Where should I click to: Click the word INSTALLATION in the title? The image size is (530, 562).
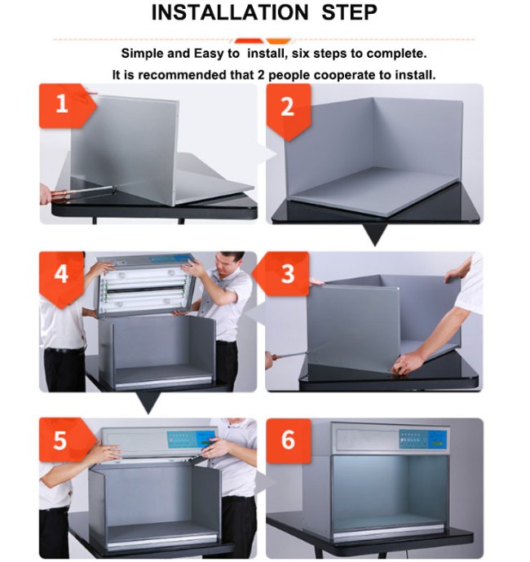point(230,12)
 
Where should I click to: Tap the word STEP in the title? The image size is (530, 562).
point(349,12)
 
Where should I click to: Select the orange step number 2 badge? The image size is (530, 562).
point(288,111)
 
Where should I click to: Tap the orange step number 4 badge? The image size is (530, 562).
point(61,279)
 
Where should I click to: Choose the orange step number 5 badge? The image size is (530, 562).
point(67,440)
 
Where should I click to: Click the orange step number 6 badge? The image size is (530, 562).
point(288,440)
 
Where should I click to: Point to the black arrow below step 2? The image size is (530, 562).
point(374,233)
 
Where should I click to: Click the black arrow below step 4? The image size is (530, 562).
point(148,401)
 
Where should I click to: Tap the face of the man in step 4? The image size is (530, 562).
point(226,266)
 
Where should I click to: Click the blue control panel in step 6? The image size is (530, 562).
point(423,439)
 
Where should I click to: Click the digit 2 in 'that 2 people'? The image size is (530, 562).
point(261,75)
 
